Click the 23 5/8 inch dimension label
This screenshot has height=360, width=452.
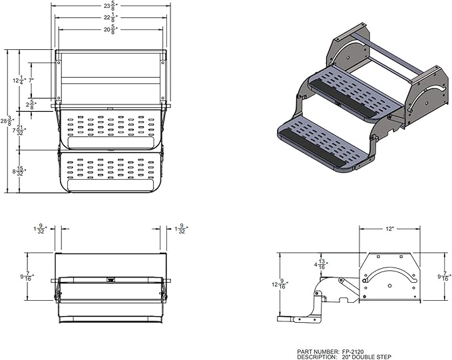pyautogui.click(x=109, y=7)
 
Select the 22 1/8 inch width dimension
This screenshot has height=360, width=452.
pyautogui.click(x=109, y=18)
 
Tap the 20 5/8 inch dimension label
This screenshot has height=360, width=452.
pyautogui.click(x=109, y=29)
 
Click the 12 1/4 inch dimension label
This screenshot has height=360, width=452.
pyautogui.click(x=17, y=80)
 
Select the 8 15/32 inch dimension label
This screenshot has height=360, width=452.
pyautogui.click(x=18, y=171)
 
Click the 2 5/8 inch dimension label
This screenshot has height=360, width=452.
pyautogui.click(x=30, y=104)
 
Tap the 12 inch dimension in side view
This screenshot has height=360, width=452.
pyautogui.click(x=388, y=228)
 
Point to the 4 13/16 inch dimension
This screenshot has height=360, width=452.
pyautogui.click(x=322, y=264)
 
